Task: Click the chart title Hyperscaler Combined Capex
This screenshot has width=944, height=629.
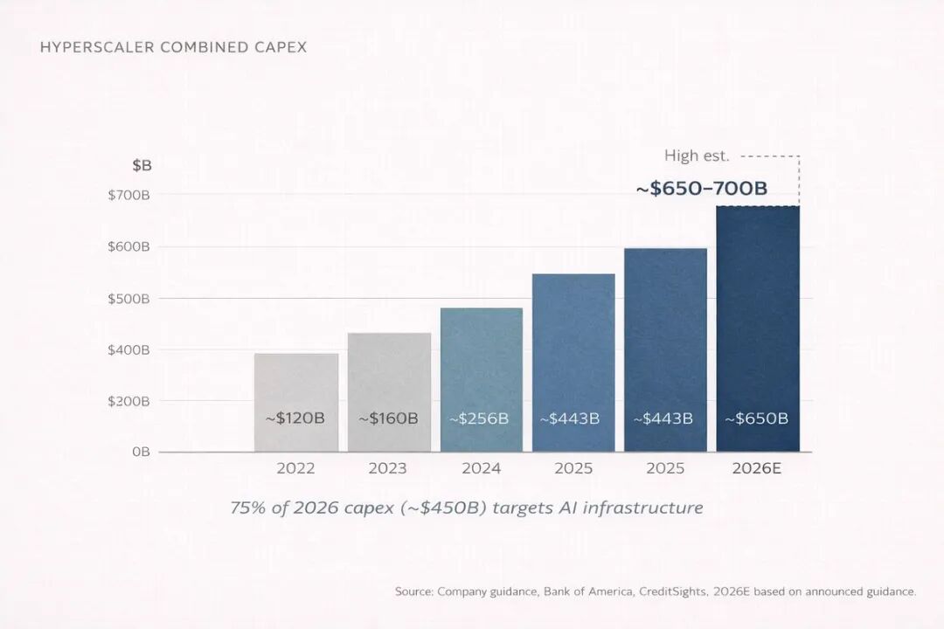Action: pyautogui.click(x=173, y=47)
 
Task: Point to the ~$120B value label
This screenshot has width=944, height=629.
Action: pyautogui.click(x=295, y=418)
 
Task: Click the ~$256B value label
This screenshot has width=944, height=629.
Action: pyautogui.click(x=479, y=418)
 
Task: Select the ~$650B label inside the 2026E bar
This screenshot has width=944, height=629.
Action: pyautogui.click(x=756, y=418)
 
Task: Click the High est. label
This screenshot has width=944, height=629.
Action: pyautogui.click(x=697, y=156)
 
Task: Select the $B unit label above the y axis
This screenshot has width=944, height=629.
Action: pyautogui.click(x=142, y=165)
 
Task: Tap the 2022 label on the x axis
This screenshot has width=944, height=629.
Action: pyautogui.click(x=295, y=468)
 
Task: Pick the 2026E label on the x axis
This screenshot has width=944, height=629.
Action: pyautogui.click(x=756, y=468)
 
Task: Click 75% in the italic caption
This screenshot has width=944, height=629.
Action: pyautogui.click(x=247, y=508)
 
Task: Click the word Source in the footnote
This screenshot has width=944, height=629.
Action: pyautogui.click(x=414, y=591)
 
